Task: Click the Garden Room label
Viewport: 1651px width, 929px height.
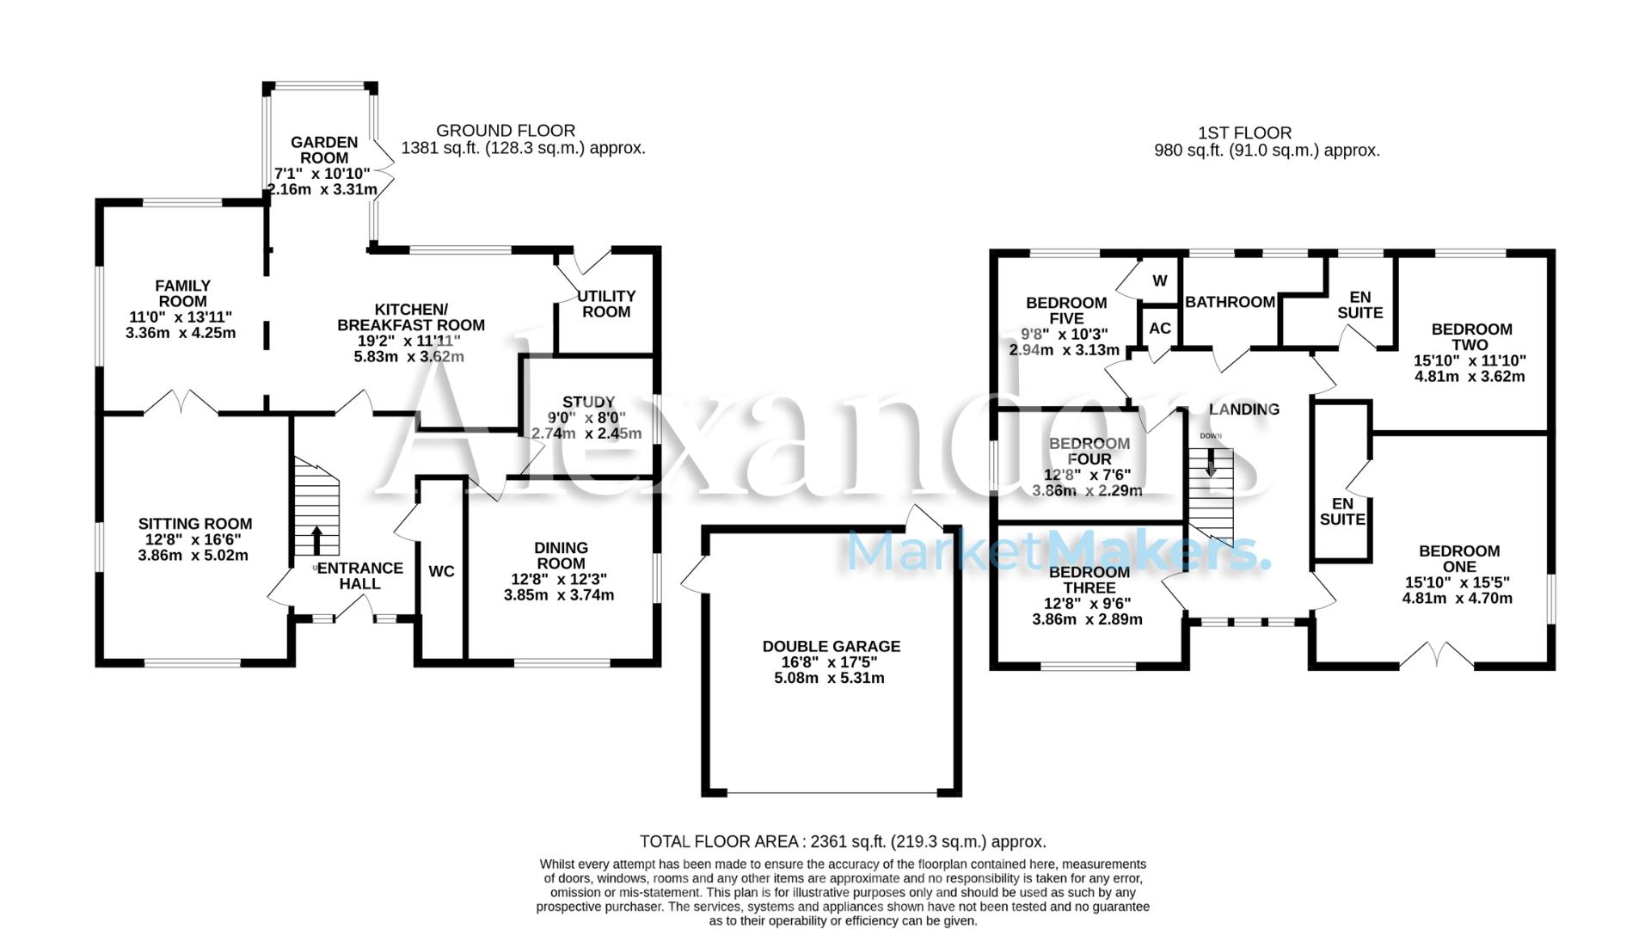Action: coord(324,150)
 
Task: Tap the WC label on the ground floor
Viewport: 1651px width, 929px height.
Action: coord(441,571)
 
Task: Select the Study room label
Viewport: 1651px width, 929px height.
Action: coord(588,402)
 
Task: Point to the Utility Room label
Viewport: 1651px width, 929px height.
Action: coord(606,304)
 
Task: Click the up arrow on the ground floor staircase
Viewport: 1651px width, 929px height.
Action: coord(316,540)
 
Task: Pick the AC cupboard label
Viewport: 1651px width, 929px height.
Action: coord(1159,328)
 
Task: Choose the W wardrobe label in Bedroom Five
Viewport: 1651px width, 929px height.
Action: coord(1159,280)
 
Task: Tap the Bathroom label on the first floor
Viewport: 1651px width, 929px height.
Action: coord(1230,302)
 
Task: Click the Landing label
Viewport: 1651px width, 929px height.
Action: coord(1243,409)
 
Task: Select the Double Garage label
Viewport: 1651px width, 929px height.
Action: coord(831,646)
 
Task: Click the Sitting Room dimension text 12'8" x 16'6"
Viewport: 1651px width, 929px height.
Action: coord(193,539)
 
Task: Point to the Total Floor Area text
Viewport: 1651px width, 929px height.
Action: coord(843,841)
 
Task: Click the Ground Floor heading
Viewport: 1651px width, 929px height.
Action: coord(506,131)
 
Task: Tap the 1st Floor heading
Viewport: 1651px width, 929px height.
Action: coord(1244,133)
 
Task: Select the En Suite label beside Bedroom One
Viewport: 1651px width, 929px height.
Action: coord(1341,511)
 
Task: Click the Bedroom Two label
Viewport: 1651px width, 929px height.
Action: coord(1470,336)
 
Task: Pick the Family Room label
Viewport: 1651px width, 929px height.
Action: coord(182,293)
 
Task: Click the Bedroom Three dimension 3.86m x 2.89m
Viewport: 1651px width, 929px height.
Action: coord(1087,618)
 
